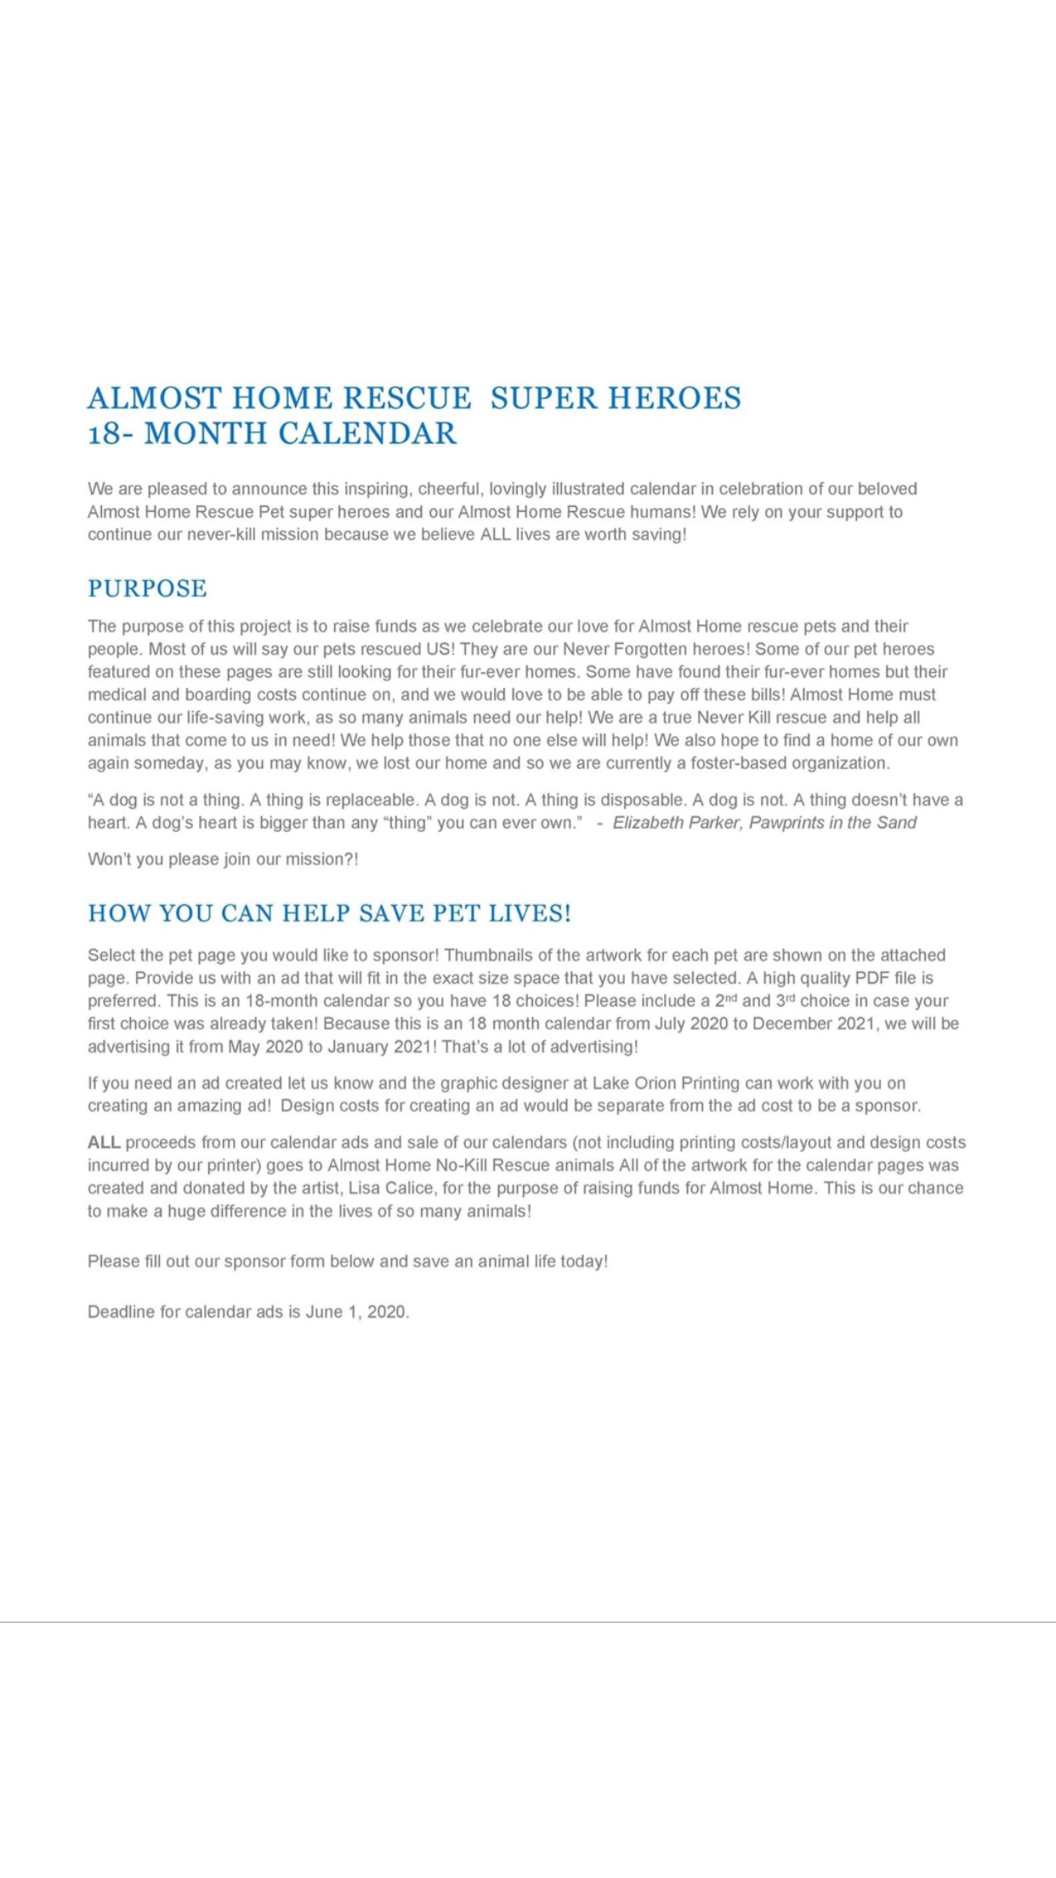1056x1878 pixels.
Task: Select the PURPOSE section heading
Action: (147, 589)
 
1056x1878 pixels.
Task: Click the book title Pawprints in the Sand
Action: (832, 822)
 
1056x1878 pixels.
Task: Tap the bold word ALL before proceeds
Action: (104, 1142)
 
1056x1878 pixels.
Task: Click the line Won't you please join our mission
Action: (223, 859)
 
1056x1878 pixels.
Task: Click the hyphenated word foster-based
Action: (738, 763)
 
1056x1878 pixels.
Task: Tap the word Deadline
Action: (121, 1312)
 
